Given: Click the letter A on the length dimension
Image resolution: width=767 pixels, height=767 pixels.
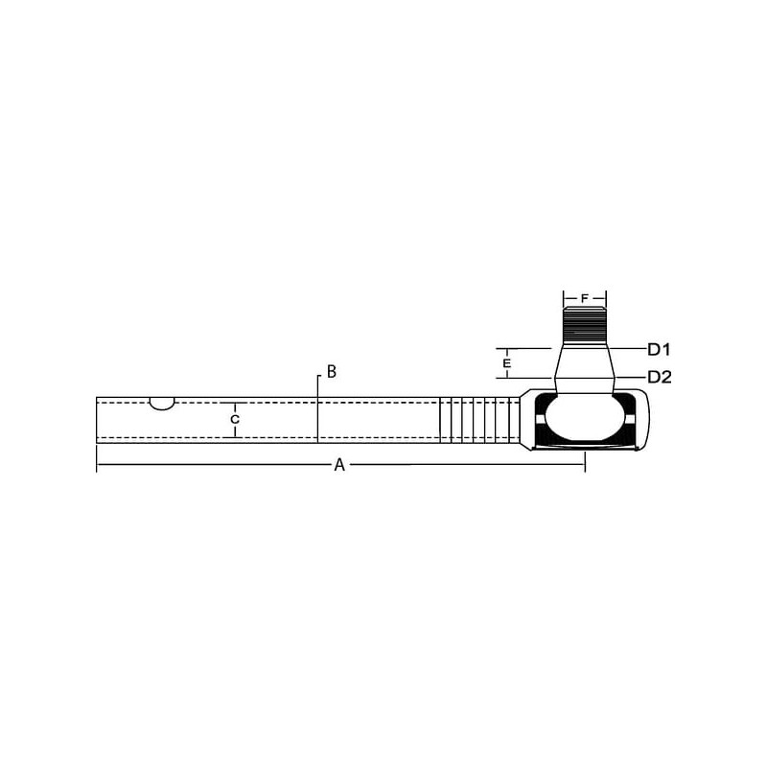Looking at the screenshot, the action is [339, 465].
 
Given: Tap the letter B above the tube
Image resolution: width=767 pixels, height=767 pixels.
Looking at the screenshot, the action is [331, 371].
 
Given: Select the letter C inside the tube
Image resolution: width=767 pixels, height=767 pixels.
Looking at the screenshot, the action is [235, 420].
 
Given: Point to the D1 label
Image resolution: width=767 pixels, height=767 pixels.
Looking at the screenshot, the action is [659, 349].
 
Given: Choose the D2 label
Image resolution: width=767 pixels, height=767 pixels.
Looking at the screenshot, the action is [660, 377].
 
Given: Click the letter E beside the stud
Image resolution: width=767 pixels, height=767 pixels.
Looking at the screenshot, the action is [507, 363].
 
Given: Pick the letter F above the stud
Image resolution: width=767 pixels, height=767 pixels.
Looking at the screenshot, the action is [585, 298].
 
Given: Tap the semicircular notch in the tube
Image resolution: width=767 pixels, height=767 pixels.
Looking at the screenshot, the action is [162, 404].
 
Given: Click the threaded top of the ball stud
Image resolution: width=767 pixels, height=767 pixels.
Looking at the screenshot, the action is [585, 324].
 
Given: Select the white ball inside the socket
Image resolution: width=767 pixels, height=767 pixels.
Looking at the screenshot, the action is [585, 419].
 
